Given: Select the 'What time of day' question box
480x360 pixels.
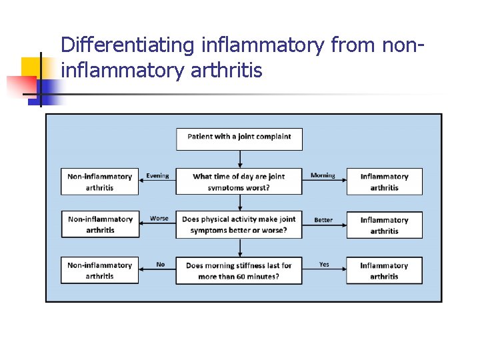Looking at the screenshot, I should (x=239, y=181).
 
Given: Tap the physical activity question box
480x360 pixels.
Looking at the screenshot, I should (x=239, y=225).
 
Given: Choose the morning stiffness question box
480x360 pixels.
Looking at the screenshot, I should (x=239, y=270).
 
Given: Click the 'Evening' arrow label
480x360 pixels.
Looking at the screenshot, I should (x=158, y=176).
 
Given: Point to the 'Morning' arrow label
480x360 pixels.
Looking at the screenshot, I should (x=323, y=176).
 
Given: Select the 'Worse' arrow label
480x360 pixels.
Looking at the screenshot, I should (x=159, y=219).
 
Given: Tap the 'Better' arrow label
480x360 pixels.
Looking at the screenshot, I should (x=323, y=220).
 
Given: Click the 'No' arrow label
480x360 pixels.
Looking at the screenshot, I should (x=161, y=265).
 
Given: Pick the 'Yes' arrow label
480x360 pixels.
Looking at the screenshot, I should (x=324, y=265).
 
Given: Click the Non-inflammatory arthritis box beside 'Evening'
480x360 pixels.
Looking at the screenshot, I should (x=100, y=181).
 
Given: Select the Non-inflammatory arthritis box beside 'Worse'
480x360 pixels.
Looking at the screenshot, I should (x=100, y=225).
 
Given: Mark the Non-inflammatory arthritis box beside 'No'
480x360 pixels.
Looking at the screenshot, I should (x=100, y=270).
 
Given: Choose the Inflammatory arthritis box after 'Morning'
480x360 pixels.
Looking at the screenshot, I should (x=384, y=181).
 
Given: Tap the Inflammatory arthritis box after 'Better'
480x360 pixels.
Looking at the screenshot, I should (x=384, y=225).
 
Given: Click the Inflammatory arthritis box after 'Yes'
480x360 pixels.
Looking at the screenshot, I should (x=384, y=270).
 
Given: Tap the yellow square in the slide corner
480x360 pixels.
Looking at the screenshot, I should (x=31, y=67).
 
